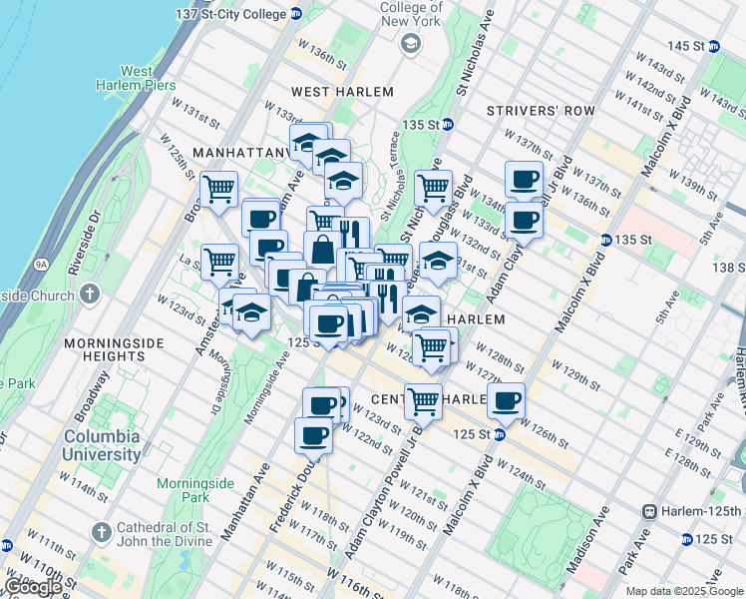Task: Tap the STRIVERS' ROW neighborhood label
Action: [541, 111]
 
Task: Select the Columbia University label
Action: [103, 445]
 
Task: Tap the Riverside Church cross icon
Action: [91, 295]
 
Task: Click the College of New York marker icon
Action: [410, 43]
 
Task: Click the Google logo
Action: [33, 587]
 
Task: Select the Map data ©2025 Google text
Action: [684, 591]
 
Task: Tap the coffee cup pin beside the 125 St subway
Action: [506, 401]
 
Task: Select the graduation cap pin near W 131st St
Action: [438, 261]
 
